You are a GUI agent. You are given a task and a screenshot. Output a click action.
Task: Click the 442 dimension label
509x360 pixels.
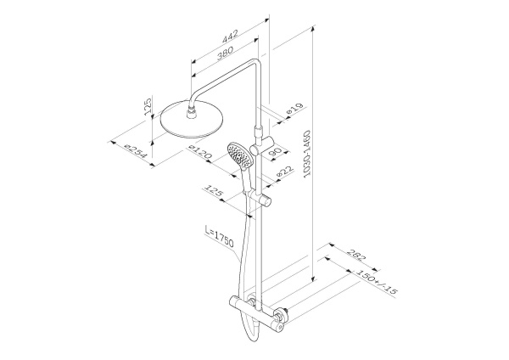230,37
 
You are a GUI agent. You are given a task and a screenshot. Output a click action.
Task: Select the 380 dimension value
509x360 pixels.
226,53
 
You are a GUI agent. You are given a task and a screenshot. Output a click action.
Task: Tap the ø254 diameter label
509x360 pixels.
136,151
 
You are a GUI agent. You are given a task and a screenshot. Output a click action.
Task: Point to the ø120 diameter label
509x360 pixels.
200,153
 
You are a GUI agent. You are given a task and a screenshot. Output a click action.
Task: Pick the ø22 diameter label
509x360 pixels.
285,172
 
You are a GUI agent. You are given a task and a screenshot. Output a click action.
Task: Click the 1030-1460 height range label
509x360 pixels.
306,154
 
